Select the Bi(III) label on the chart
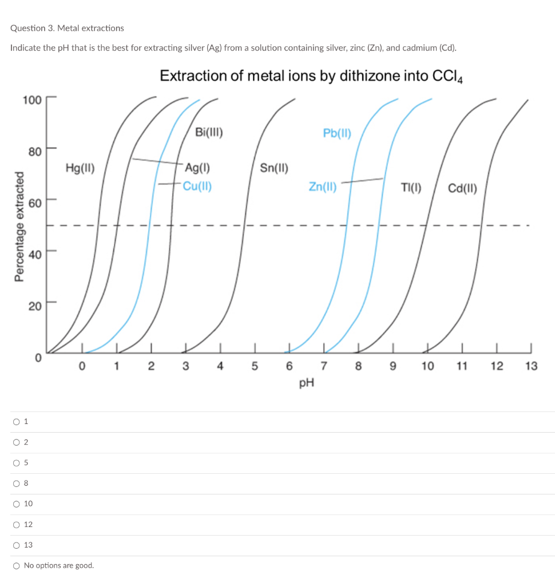coord(209,133)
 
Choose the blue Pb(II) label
coord(337,133)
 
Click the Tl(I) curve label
coord(411,187)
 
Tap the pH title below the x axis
coord(307,383)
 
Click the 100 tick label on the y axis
coord(31,100)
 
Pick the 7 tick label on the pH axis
coord(324,366)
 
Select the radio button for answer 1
coord(16,422)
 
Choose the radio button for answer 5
coord(16,463)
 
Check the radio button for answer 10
coord(16,504)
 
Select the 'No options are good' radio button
coord(16,565)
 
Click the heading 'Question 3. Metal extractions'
coord(67,28)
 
